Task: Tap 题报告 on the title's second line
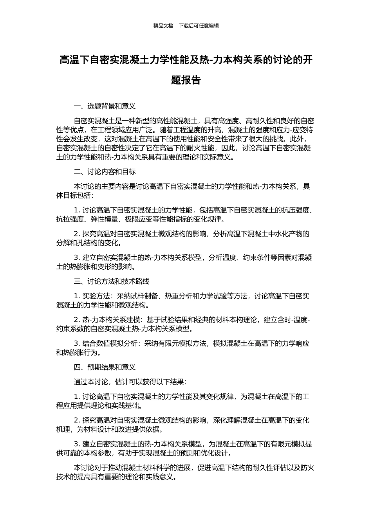point(186,80)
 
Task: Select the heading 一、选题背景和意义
point(105,106)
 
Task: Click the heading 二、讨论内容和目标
point(105,172)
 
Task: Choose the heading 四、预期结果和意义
point(105,367)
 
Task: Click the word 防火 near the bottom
point(309,468)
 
